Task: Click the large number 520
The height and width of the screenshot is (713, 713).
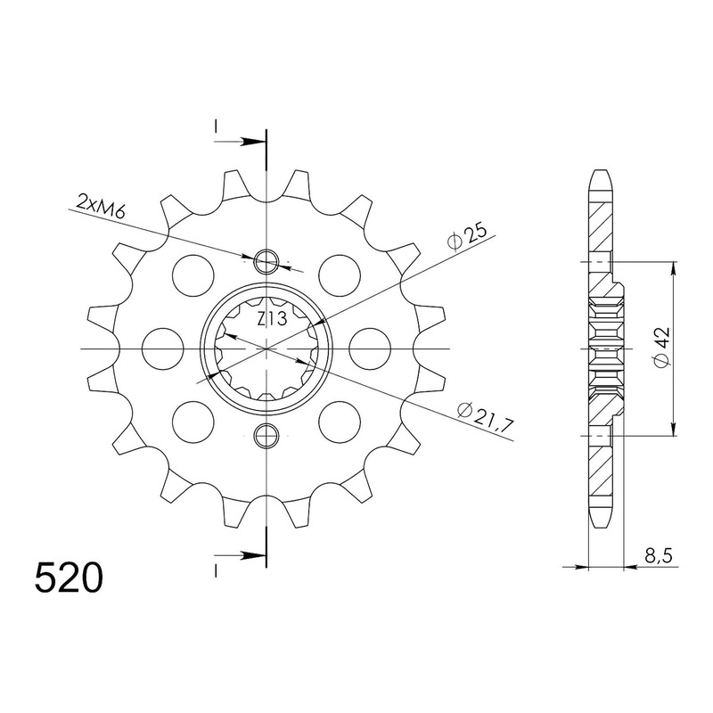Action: pyautogui.click(x=69, y=578)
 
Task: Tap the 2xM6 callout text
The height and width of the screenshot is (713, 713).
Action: pyautogui.click(x=101, y=206)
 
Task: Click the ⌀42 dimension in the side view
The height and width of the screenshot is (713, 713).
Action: pyautogui.click(x=661, y=347)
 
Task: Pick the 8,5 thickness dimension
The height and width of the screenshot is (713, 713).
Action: pyautogui.click(x=658, y=555)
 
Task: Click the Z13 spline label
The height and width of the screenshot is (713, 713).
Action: pyautogui.click(x=272, y=320)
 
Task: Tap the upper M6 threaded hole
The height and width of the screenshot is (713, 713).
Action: pyautogui.click(x=266, y=262)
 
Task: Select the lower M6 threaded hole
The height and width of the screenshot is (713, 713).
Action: pyautogui.click(x=266, y=436)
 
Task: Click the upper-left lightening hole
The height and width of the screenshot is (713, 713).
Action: pyautogui.click(x=193, y=276)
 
